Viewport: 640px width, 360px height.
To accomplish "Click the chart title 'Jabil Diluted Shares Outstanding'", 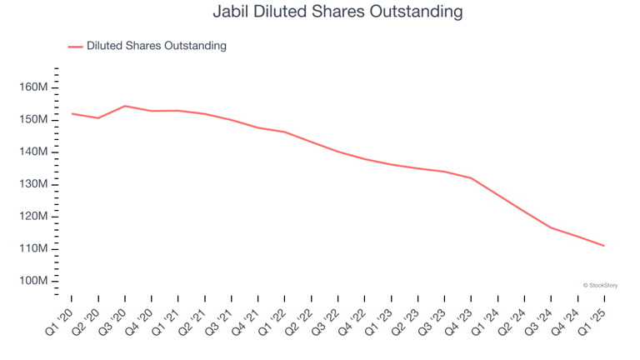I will (320, 12).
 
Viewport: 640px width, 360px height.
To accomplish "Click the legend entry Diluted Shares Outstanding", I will (156, 47).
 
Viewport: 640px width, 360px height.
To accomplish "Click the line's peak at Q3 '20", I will (125, 106).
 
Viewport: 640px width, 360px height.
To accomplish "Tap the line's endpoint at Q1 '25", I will (604, 246).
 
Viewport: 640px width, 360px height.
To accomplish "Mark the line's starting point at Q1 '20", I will (72, 113).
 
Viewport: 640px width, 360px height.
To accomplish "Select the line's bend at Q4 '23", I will (472, 177).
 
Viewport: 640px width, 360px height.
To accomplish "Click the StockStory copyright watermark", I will (600, 285).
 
